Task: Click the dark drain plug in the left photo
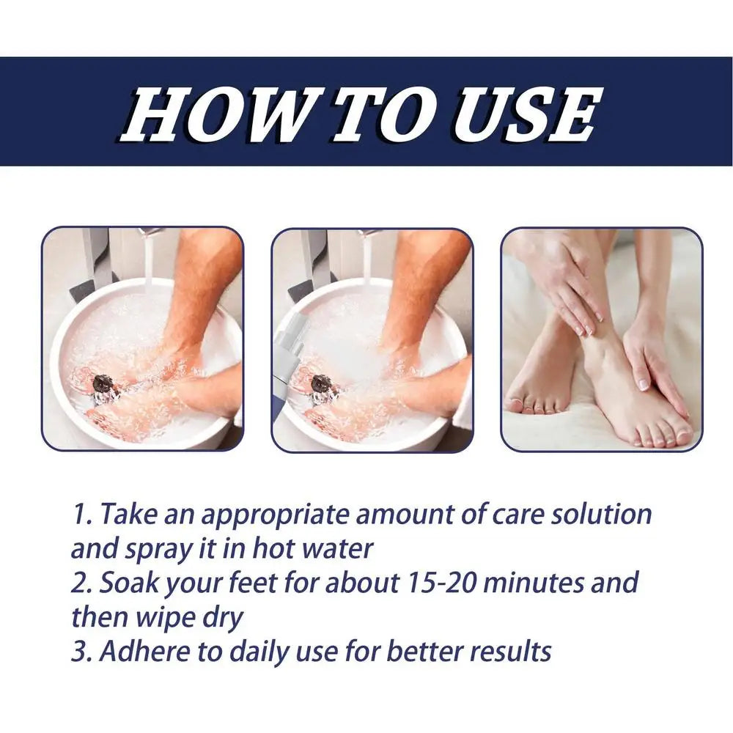[x=103, y=384]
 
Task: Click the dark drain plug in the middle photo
[x=323, y=384]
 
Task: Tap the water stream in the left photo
[x=150, y=262]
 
